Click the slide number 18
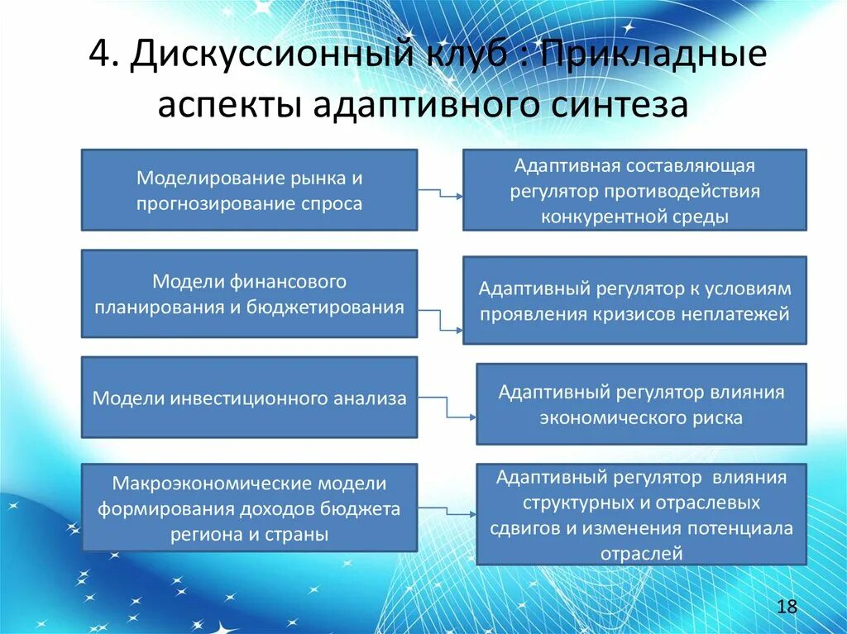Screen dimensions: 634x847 (x=787, y=608)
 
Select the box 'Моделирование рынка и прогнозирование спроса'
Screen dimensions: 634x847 (x=249, y=190)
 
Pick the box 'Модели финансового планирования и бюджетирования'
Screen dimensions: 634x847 (x=249, y=294)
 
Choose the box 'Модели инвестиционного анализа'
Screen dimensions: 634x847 (x=249, y=398)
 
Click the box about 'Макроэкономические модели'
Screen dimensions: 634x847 (x=249, y=508)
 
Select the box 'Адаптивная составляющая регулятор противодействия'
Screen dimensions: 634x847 (x=634, y=190)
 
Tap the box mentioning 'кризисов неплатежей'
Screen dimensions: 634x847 (x=634, y=300)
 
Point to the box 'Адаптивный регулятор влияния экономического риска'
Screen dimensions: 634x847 (x=641, y=404)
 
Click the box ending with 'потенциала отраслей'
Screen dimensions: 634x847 (x=641, y=514)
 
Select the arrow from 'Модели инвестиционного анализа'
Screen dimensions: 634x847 (x=447, y=408)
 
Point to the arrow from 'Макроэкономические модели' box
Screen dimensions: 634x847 (x=447, y=505)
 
